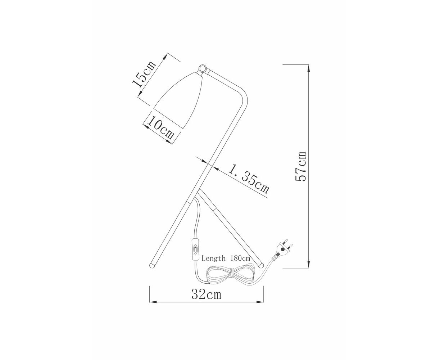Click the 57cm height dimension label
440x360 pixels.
pos(300,166)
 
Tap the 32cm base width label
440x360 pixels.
pos(206,294)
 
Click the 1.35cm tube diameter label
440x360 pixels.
pos(249,179)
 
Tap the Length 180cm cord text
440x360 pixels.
pos(226,258)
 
